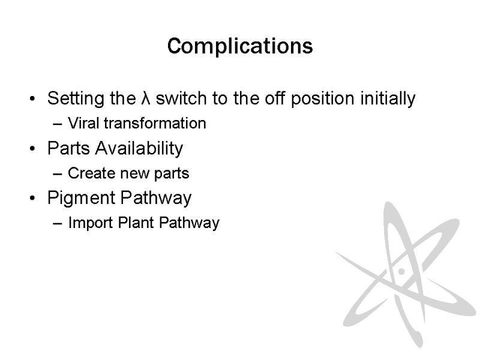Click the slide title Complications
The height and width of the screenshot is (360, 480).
pyautogui.click(x=240, y=46)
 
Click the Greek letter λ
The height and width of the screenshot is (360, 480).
pyautogui.click(x=148, y=98)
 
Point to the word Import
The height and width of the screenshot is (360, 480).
pyautogui.click(x=88, y=224)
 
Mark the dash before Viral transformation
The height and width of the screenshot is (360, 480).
pyautogui.click(x=58, y=124)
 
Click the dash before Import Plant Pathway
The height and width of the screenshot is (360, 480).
pyautogui.click(x=58, y=224)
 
